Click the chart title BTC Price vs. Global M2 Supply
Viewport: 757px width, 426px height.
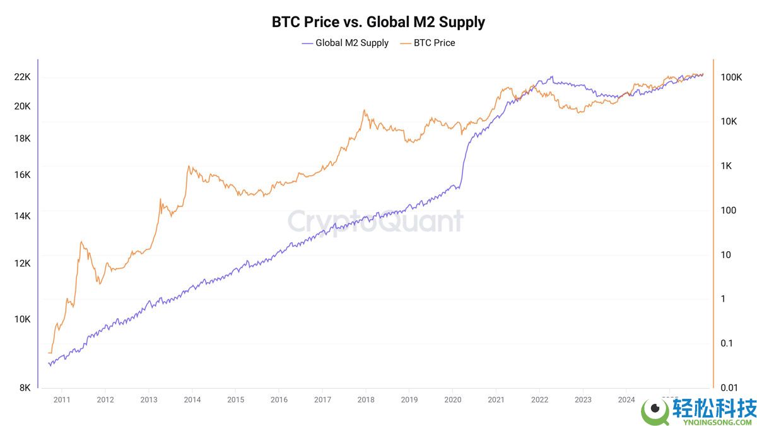pos(378,22)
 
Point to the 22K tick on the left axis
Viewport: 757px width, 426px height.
pos(23,77)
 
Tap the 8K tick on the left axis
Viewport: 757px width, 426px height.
pos(25,388)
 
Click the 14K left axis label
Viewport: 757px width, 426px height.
pos(23,216)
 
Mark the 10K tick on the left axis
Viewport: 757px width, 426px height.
pos(23,319)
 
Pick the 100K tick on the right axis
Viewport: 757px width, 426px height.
pos(730,77)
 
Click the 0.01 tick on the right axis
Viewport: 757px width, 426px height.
pos(729,388)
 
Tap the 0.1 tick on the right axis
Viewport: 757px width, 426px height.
pos(727,343)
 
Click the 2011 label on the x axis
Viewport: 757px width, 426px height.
pos(62,399)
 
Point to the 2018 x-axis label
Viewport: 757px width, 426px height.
pos(366,399)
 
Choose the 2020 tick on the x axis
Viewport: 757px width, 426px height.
pos(453,399)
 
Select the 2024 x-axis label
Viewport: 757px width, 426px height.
pos(626,399)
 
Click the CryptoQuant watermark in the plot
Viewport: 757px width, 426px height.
pos(375,222)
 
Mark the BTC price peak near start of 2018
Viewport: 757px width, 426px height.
pos(364,110)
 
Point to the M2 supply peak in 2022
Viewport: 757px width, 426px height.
pos(552,77)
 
